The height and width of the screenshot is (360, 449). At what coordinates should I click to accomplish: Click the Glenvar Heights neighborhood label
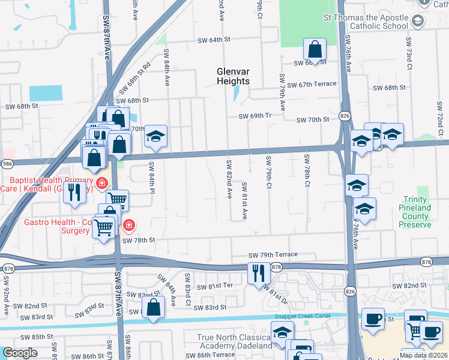[x=233, y=76]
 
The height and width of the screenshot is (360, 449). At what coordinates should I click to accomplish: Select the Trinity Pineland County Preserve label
[x=424, y=212]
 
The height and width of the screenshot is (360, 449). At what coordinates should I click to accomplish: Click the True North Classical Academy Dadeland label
[x=235, y=342]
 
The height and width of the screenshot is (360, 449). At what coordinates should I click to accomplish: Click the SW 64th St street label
[x=215, y=40]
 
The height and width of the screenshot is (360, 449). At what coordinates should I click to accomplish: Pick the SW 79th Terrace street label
[x=273, y=255]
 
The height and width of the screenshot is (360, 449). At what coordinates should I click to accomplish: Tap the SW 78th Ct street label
[x=307, y=170]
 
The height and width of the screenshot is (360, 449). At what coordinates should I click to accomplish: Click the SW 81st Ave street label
[x=245, y=201]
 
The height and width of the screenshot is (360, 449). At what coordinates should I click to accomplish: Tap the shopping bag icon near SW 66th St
[x=315, y=50]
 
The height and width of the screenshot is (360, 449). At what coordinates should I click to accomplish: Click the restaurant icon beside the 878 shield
[x=259, y=273]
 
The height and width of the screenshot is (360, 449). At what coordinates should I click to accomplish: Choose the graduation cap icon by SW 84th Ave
[x=155, y=137]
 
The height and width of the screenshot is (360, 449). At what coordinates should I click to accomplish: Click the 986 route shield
[x=6, y=163]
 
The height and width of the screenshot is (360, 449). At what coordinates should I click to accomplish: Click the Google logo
[x=20, y=353]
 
